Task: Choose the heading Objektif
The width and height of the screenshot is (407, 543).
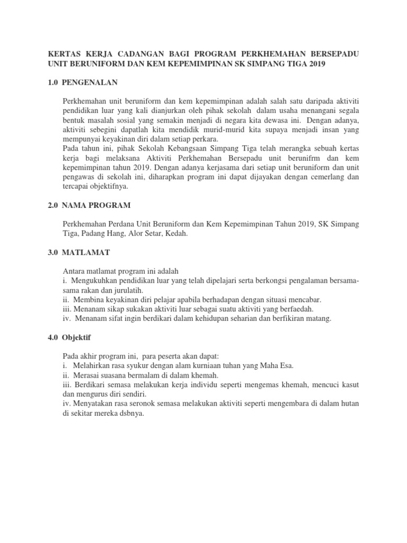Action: coord(79,337)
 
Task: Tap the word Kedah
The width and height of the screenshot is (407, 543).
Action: coord(176,234)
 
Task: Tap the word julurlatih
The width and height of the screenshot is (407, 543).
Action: coord(129,291)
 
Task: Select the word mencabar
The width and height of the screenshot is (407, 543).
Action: coord(306,300)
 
